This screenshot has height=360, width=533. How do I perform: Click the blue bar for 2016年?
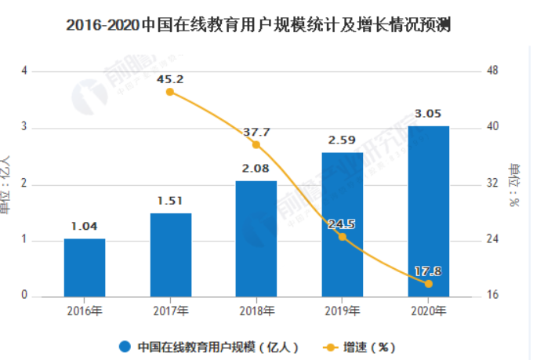tap(85, 267)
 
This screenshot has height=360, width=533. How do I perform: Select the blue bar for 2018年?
tap(256, 238)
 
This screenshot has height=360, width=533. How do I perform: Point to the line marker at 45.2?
tap(170, 92)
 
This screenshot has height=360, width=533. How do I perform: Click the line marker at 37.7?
tap(256, 144)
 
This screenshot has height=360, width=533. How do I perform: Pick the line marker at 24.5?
tap(343, 236)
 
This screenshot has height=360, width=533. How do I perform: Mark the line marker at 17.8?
tap(429, 283)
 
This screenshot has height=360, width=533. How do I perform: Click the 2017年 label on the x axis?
tap(171, 311)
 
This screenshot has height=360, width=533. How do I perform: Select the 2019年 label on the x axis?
tap(343, 311)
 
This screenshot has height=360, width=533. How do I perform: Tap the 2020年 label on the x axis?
tap(429, 311)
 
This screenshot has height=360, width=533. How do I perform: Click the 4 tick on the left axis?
tap(25, 71)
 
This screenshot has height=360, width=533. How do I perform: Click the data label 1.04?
tap(85, 227)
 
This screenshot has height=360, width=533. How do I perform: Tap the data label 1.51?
tap(171, 200)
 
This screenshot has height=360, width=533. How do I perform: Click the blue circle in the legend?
tap(125, 346)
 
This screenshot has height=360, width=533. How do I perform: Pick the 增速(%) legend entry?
tap(362, 346)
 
